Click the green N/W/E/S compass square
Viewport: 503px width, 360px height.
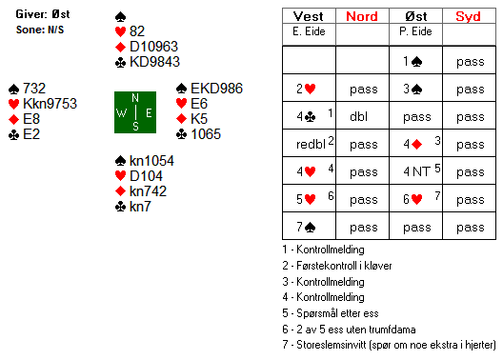point(135,112)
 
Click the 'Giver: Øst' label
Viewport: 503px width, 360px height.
point(42,14)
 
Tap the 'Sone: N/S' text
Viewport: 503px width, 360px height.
point(40,30)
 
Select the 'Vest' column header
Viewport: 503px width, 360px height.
point(309,16)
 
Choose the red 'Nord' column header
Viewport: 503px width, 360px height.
point(362,16)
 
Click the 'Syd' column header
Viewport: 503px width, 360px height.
point(469,16)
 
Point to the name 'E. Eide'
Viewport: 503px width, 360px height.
point(309,31)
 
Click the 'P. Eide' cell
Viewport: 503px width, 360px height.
point(415,31)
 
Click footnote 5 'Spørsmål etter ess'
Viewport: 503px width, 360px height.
point(331,313)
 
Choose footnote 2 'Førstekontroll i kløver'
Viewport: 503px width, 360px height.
point(337,266)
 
